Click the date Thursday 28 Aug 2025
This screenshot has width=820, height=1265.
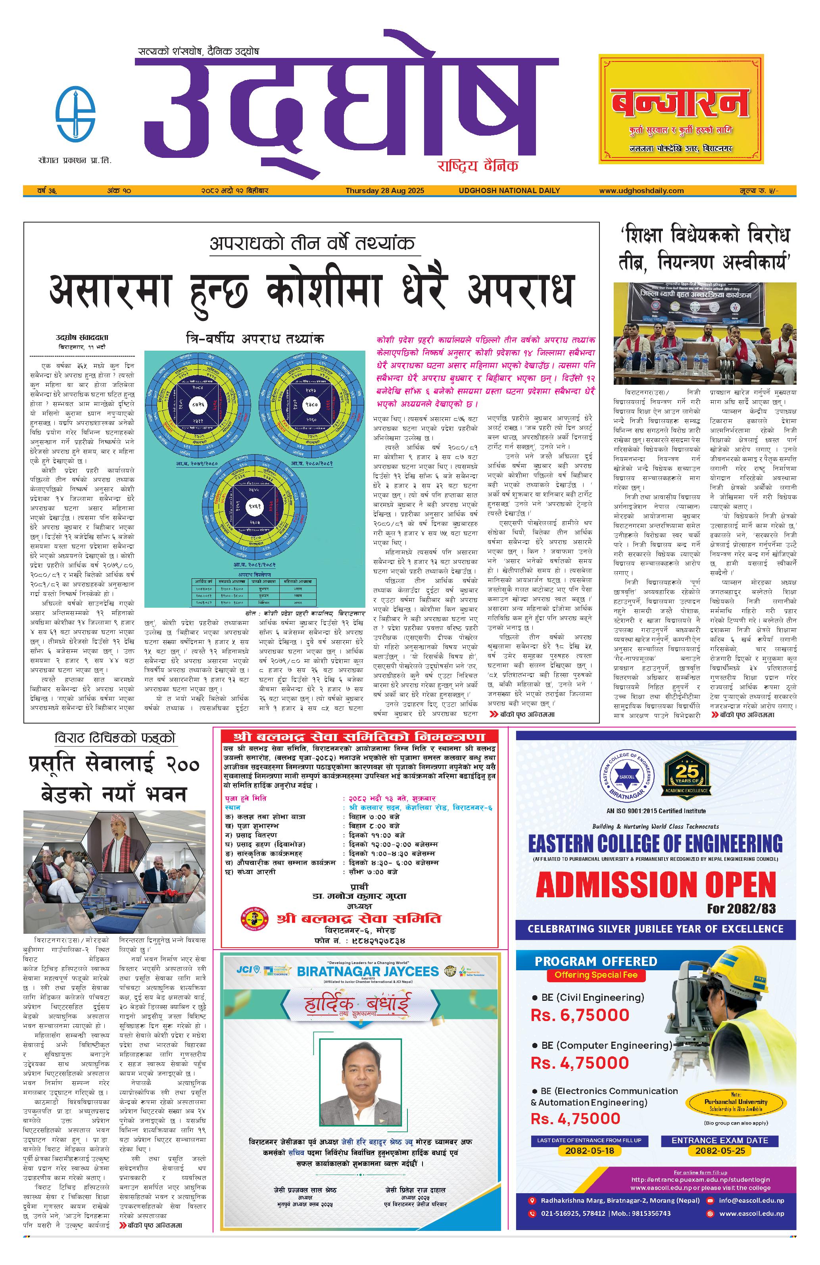pos(384,190)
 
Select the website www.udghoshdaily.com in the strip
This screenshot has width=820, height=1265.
pos(641,190)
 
